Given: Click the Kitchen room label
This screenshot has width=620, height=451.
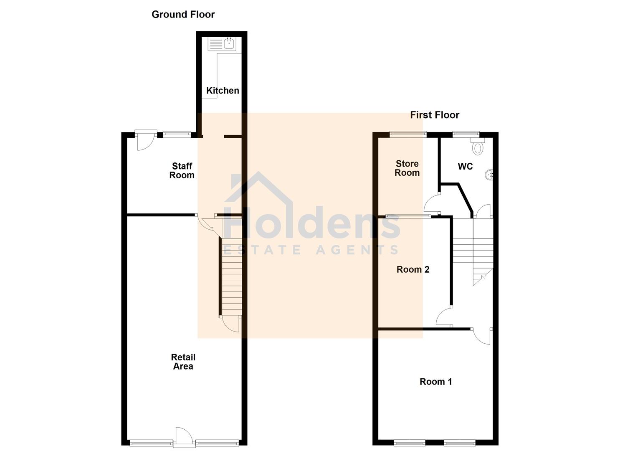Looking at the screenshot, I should (x=223, y=91).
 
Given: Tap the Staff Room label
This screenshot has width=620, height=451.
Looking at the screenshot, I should (x=182, y=171).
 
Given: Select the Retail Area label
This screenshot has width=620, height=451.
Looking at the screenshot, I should (x=183, y=362).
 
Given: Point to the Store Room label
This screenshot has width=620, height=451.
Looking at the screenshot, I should (x=407, y=168).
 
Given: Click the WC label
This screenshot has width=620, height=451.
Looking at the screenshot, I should (x=465, y=167).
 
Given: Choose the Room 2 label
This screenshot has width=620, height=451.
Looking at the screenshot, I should (x=413, y=269).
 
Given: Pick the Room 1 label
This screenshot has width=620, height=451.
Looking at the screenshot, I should (x=435, y=381).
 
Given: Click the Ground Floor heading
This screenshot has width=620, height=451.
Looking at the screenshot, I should (x=183, y=14).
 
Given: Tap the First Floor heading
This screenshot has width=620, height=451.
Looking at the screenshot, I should (x=435, y=115).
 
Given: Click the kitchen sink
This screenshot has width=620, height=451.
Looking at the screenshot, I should (x=229, y=43).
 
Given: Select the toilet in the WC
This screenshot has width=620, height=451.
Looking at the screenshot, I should (x=478, y=147).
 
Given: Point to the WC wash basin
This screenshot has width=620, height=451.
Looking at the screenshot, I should (x=489, y=175).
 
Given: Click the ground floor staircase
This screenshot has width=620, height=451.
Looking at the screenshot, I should (x=231, y=276).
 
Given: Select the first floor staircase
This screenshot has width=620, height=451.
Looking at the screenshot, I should (x=473, y=251).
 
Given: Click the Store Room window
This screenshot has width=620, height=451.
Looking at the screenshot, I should (x=408, y=134).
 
